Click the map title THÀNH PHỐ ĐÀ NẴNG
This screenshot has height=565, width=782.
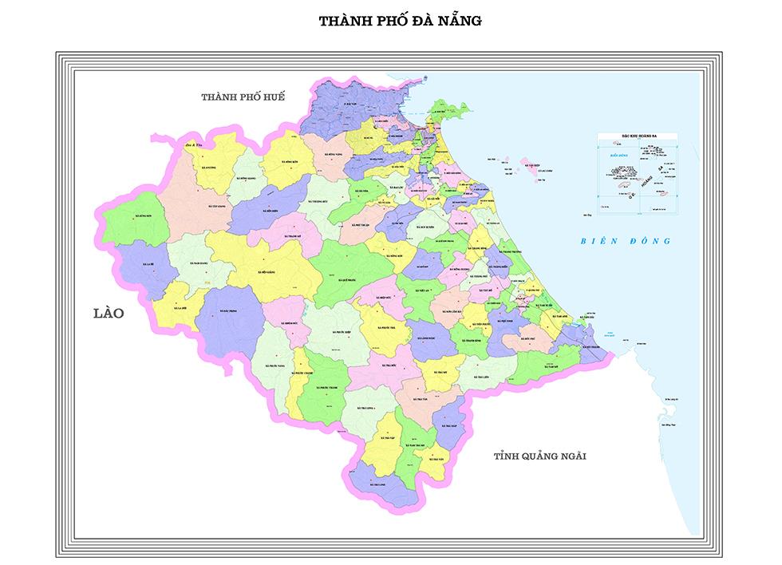click(400, 21)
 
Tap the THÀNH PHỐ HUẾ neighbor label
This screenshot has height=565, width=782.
click(243, 97)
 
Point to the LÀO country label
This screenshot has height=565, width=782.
click(109, 313)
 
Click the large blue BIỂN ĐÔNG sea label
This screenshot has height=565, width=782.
click(626, 240)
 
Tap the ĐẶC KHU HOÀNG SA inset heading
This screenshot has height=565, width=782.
click(637, 137)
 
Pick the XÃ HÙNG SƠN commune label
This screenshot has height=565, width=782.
click(144, 215)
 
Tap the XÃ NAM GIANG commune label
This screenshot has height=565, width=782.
click(199, 263)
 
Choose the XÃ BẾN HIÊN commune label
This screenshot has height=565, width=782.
click(268, 209)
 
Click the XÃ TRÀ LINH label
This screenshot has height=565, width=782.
click(377, 483)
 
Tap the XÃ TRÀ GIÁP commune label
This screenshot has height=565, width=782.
click(448, 426)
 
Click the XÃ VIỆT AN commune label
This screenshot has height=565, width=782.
click(421, 291)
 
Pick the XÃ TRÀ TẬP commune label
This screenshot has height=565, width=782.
click(388, 439)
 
